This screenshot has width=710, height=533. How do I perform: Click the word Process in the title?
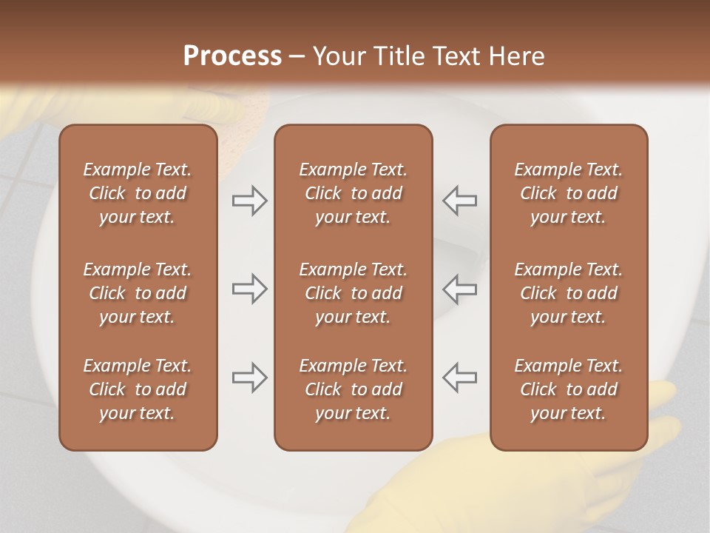pyautogui.click(x=232, y=56)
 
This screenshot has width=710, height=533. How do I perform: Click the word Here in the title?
pyautogui.click(x=515, y=56)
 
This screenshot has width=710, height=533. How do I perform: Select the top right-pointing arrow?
pyautogui.click(x=249, y=201)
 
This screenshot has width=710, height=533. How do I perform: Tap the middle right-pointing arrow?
pyautogui.click(x=249, y=289)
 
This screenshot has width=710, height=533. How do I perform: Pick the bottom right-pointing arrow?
pyautogui.click(x=249, y=378)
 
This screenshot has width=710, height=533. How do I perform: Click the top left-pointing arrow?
pyautogui.click(x=459, y=201)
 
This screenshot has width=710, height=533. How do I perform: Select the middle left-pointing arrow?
pyautogui.click(x=459, y=289)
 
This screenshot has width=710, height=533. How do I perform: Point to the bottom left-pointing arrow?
pyautogui.click(x=459, y=378)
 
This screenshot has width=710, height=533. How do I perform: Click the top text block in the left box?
pyautogui.click(x=138, y=193)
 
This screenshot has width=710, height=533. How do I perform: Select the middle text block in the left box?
pyautogui.click(x=138, y=293)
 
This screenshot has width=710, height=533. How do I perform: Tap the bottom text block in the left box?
pyautogui.click(x=138, y=389)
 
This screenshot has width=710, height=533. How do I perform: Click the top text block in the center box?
pyautogui.click(x=353, y=193)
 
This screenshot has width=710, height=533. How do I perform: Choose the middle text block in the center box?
pyautogui.click(x=353, y=293)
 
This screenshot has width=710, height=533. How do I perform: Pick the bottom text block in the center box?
pyautogui.click(x=353, y=389)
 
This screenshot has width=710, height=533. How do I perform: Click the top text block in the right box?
pyautogui.click(x=568, y=193)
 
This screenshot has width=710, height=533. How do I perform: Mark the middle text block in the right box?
pyautogui.click(x=568, y=293)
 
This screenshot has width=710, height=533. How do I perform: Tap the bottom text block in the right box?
pyautogui.click(x=568, y=389)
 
